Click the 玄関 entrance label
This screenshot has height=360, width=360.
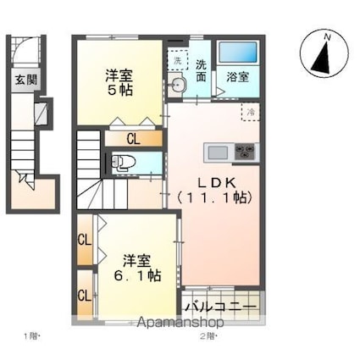coord(25,80)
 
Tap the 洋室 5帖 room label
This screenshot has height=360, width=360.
coord(119,81)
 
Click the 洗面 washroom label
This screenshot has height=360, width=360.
coord(202,69)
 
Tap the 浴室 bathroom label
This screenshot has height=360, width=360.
coord(237,77)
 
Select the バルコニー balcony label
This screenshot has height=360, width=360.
coord(220,304)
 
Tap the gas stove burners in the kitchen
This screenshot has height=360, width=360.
coord(246,152)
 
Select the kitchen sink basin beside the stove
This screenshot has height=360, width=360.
coord(219,152)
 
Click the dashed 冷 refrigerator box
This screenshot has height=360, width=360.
coord(251,112)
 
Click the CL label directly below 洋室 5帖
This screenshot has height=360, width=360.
coord(133,138)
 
